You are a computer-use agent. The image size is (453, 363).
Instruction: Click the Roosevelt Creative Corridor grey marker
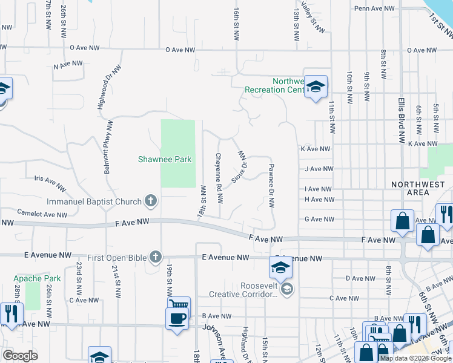pos(287,289)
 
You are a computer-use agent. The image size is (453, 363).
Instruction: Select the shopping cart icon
pos(179,304)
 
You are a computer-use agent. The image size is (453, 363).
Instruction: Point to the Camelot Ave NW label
pos(42,213)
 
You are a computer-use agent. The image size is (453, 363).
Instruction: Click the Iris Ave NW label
pos(50,180)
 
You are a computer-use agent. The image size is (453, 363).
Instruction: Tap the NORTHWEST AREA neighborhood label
pos(418,188)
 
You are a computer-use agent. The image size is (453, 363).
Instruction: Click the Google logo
pos(19,356)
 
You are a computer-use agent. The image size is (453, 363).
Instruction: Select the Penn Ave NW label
pos(375,8)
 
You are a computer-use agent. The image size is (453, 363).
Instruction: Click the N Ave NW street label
pos(68,64)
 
